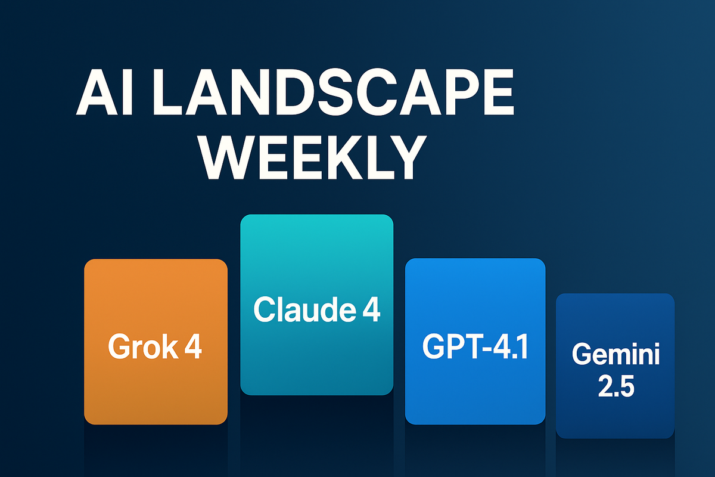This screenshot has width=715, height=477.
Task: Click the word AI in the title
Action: tap(104, 92)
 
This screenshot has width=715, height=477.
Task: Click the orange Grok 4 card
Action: tap(156, 342)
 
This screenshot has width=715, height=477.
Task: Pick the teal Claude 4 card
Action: tap(316, 305)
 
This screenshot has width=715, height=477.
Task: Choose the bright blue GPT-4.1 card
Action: tap(475, 341)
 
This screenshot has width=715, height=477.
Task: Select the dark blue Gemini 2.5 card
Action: tap(615, 366)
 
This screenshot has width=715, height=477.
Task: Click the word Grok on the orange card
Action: tap(143, 346)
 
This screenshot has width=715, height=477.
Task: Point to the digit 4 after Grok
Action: tap(193, 346)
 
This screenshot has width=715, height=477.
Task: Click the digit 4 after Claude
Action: tap(371, 309)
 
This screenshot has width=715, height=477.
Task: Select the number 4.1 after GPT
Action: tap(511, 346)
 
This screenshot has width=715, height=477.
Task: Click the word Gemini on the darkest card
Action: tap(615, 354)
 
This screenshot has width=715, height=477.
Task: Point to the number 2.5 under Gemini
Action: tap(616, 386)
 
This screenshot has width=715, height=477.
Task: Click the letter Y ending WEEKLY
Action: tap(405, 158)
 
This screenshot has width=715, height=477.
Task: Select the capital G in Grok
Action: tap(119, 346)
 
